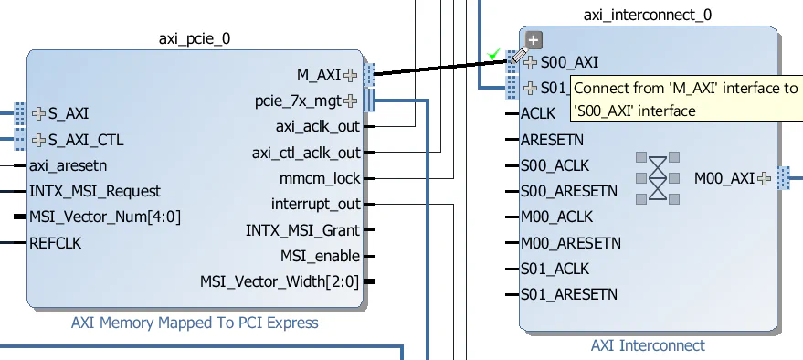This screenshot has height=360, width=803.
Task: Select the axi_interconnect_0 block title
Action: click(648, 16)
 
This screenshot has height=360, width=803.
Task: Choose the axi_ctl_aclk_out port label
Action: click(306, 152)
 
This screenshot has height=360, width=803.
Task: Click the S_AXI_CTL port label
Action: click(85, 140)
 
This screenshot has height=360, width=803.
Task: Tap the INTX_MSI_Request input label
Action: click(94, 191)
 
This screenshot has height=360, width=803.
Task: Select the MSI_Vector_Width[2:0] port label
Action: click(280, 281)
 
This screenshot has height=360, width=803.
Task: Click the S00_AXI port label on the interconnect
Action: click(569, 63)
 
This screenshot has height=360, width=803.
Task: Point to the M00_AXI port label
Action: click(724, 177)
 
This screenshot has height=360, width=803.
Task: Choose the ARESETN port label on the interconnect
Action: click(551, 140)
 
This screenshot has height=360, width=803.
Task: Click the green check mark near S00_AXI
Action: click(494, 55)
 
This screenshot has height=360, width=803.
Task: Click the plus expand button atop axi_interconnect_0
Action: click(534, 40)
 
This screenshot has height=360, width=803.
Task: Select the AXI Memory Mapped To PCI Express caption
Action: click(195, 323)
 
